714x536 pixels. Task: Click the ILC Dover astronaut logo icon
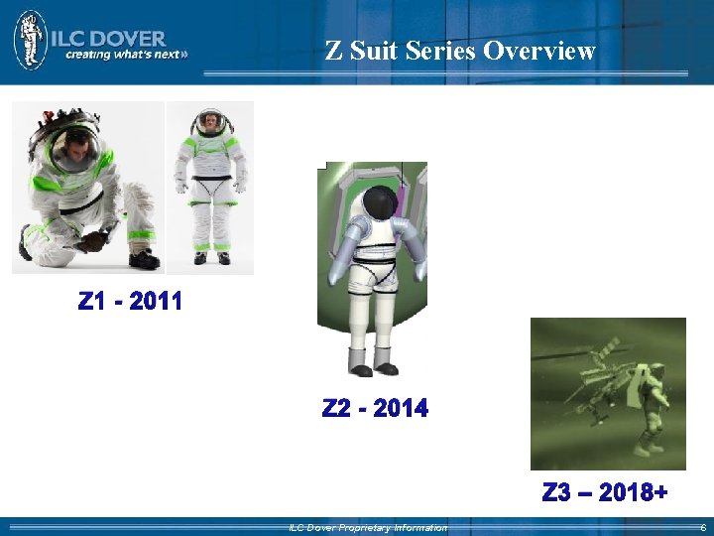(31, 40)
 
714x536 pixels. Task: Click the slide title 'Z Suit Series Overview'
(460, 50)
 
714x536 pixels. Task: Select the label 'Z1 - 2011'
(130, 301)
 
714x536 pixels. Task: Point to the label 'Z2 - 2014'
(375, 408)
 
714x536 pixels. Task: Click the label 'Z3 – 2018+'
(605, 492)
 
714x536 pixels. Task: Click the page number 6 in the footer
(702, 528)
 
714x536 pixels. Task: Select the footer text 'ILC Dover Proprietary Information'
(367, 528)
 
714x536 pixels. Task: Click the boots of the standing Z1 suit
(212, 257)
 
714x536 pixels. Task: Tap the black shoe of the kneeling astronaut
(144, 260)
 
